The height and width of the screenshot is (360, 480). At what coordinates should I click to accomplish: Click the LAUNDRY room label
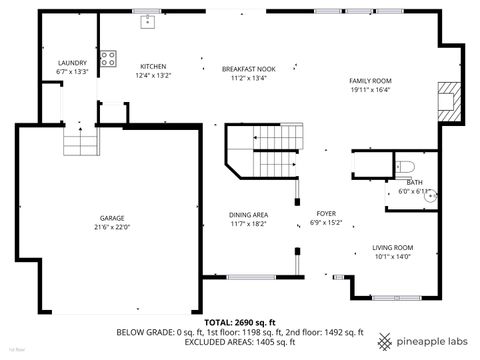tap(72, 63)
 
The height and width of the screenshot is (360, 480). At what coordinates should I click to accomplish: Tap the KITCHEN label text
tap(153, 66)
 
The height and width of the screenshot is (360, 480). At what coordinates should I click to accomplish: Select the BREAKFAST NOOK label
tap(248, 69)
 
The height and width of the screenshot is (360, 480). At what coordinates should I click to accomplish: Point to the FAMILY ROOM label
tap(370, 80)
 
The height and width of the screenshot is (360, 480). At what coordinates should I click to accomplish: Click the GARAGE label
tap(112, 218)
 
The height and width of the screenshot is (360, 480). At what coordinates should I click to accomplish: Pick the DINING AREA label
tap(248, 214)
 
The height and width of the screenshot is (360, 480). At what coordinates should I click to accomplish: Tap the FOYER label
tap(326, 213)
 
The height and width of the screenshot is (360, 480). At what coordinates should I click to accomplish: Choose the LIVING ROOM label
tap(393, 247)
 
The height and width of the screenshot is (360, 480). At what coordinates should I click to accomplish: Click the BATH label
tap(414, 182)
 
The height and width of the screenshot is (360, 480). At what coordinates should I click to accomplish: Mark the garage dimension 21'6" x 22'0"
tap(112, 227)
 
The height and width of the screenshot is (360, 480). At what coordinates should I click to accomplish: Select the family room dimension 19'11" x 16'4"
tap(370, 89)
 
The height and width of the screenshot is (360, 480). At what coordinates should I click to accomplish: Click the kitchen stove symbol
tap(108, 57)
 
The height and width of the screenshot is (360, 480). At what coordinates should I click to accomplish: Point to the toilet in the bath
tap(403, 166)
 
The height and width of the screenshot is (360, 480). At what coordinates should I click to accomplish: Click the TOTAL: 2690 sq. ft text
tap(240, 323)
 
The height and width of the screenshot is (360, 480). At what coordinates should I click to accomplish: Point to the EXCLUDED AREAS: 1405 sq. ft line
tap(240, 342)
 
